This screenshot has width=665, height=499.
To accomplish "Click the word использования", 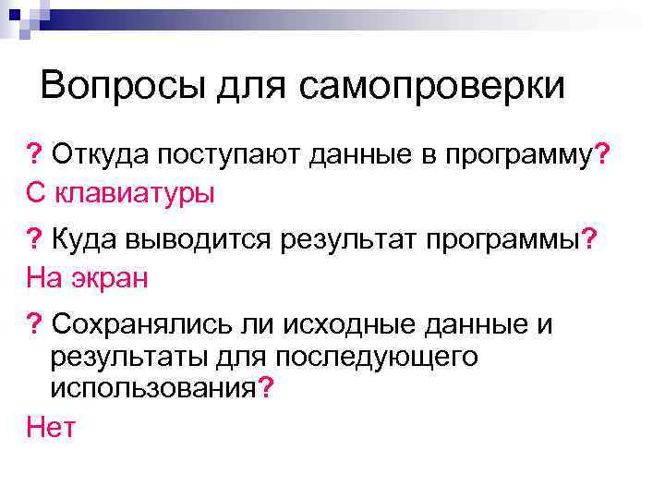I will tap(153, 387).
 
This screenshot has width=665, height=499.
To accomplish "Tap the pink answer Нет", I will tap(51, 426).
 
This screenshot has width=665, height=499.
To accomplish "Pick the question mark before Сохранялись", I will tap(34, 324).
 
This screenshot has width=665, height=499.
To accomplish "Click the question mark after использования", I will tap(265, 387).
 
